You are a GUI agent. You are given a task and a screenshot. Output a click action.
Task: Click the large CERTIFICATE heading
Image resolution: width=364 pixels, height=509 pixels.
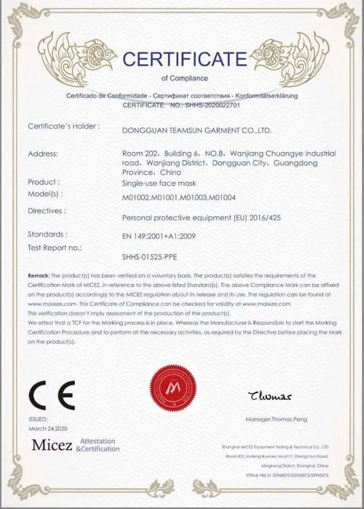[x=184, y=58]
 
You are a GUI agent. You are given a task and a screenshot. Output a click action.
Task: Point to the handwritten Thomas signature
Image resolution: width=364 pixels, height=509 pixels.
[x=269, y=397]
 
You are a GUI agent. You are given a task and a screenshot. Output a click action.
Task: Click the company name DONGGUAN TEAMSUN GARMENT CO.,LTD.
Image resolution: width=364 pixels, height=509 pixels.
[x=194, y=131]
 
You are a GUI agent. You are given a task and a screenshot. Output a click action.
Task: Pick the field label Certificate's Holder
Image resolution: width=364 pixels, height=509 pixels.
[x=63, y=127]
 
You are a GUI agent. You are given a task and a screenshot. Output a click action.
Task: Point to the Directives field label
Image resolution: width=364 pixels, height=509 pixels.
[x=47, y=210]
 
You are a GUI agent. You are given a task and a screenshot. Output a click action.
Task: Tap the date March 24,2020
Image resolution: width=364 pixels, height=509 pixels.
[x=48, y=429]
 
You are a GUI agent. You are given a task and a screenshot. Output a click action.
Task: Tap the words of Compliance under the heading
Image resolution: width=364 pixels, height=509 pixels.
[x=184, y=77]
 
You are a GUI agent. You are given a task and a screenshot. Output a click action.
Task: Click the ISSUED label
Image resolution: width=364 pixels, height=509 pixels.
[x=38, y=419]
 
